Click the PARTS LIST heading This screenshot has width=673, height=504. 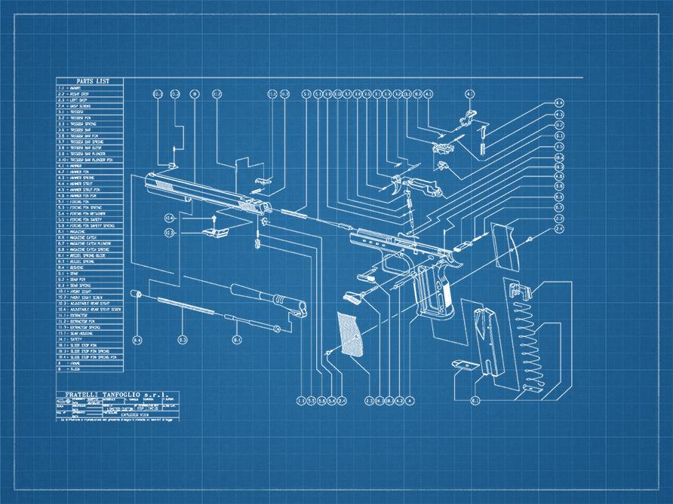(x=90, y=81)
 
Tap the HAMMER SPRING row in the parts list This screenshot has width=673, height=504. (x=90, y=176)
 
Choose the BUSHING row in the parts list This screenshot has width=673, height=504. (x=90, y=267)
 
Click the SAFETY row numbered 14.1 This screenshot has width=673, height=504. (x=90, y=339)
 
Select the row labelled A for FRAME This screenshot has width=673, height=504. (x=90, y=363)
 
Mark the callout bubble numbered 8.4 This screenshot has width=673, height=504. (x=137, y=341)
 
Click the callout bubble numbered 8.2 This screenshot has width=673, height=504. (x=183, y=341)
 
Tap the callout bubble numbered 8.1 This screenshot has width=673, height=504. (x=236, y=341)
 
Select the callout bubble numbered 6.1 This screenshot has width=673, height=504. (x=475, y=401)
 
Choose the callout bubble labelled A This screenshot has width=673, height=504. (x=410, y=401)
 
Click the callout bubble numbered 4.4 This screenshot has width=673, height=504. (x=559, y=102)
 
